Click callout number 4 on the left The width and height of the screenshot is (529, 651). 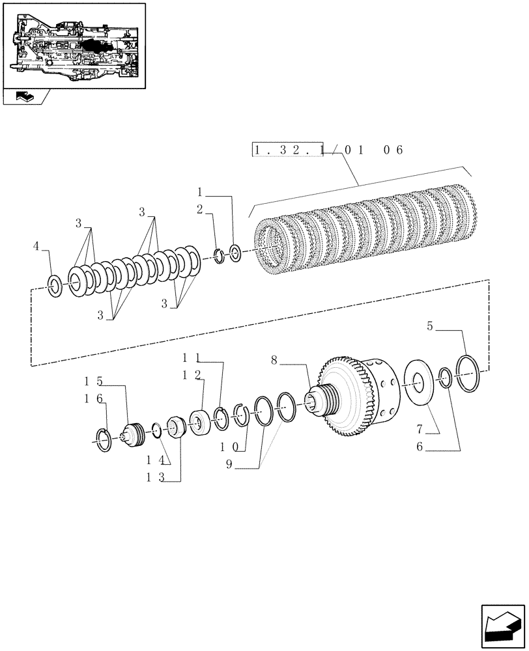tap(37, 247)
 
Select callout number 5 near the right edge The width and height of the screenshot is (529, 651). tap(430, 327)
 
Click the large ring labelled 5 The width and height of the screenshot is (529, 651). tap(469, 374)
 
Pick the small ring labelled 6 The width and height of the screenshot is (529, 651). tap(445, 378)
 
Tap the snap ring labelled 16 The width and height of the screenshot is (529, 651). tap(104, 439)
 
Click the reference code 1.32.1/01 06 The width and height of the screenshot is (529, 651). tap(328, 150)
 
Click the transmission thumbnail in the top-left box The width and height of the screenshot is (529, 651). tap(74, 46)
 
